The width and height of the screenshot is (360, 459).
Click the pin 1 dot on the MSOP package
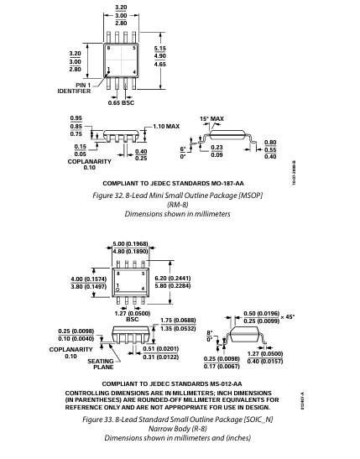point(108,72)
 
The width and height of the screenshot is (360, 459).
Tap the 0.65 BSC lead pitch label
point(121,102)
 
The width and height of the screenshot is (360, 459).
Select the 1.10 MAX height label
point(166,127)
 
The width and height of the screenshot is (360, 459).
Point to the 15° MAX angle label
point(212,119)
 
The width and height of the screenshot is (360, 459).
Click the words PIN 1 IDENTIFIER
point(74,88)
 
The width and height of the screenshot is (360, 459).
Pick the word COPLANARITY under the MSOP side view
point(90,162)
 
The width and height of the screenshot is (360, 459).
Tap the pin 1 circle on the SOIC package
point(118,289)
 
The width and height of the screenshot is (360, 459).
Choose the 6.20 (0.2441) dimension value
point(173,278)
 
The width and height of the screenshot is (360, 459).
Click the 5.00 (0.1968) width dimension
point(131,244)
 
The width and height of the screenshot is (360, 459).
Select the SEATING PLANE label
point(101,364)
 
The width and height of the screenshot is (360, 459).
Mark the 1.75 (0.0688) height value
point(178,321)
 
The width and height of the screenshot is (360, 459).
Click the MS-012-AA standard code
point(226,383)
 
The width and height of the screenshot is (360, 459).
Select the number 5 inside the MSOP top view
point(134,48)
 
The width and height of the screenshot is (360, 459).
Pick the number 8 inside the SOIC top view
point(118,274)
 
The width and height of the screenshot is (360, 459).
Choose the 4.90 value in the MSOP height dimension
point(159,56)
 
